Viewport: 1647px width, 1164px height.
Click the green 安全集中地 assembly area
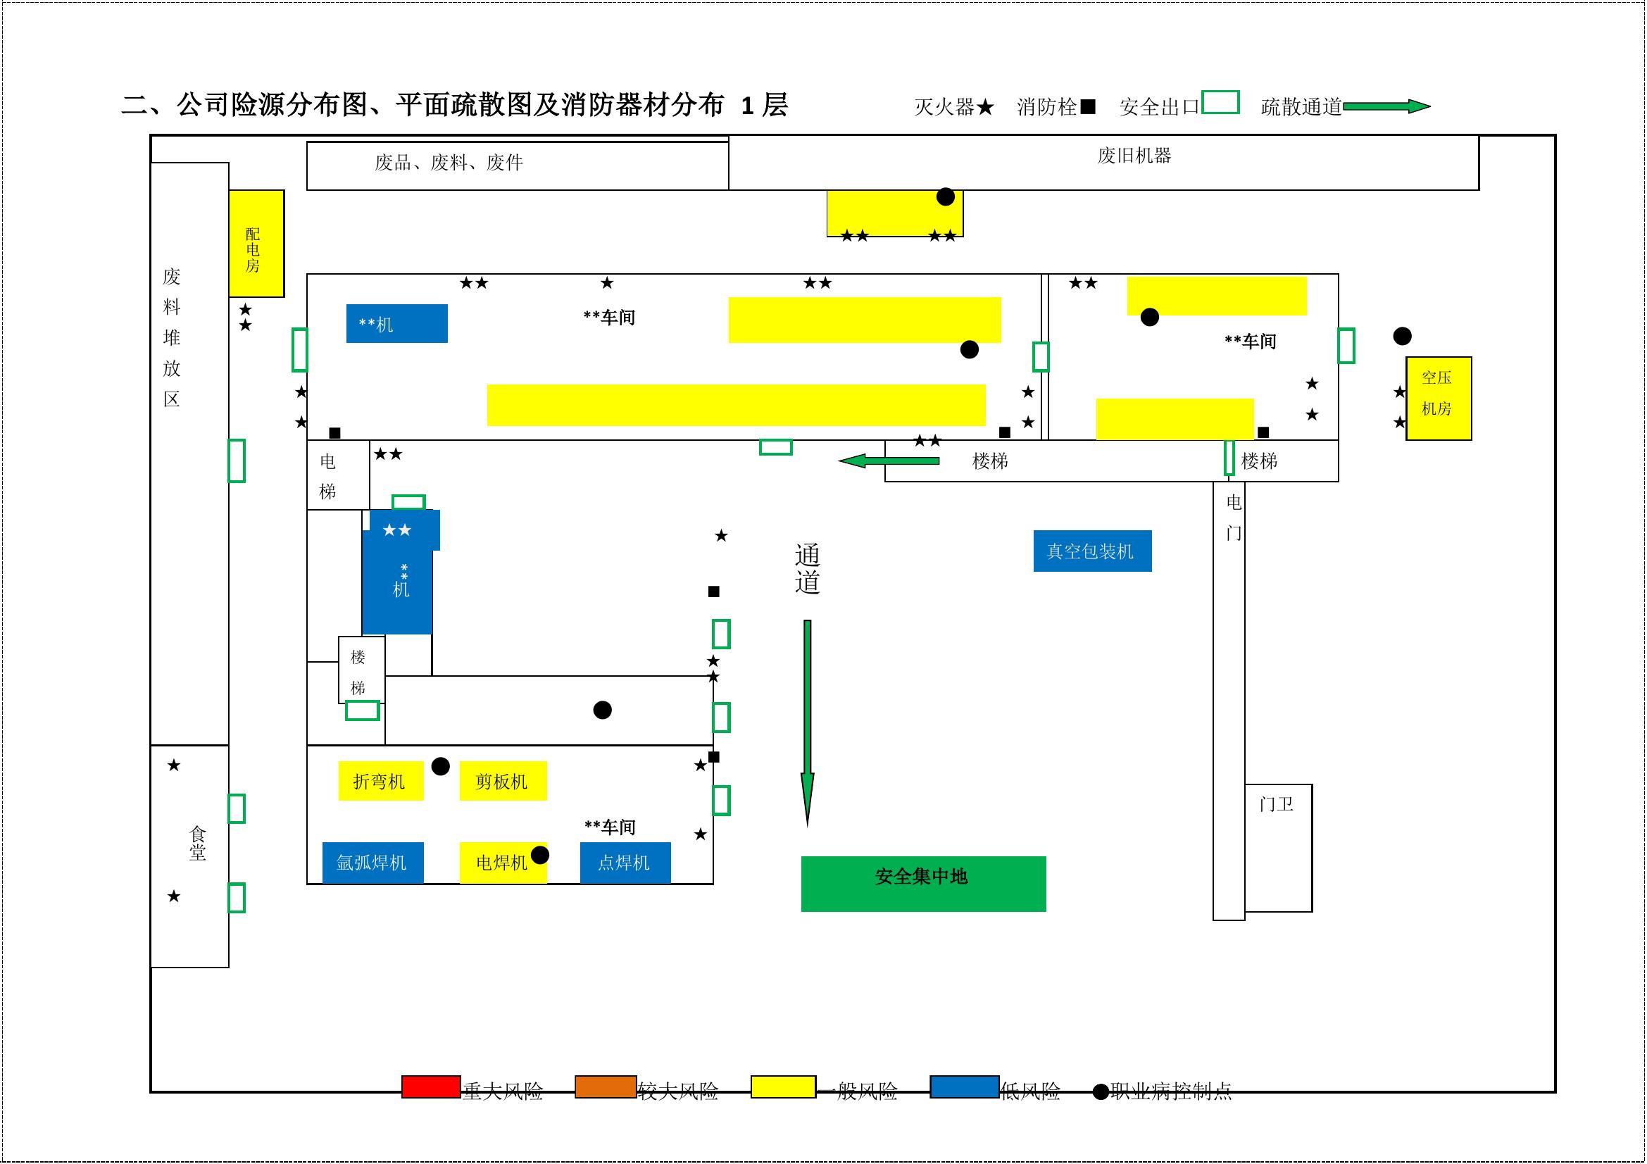click(x=923, y=884)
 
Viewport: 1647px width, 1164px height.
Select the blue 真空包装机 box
click(x=1092, y=551)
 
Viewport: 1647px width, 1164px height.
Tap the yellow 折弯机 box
click(x=380, y=780)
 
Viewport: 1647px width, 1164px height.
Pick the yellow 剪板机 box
click(x=503, y=780)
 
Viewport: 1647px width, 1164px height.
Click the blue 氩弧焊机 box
click(x=372, y=862)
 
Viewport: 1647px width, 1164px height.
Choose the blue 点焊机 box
click(x=625, y=862)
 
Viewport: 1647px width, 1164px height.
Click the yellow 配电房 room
click(x=256, y=244)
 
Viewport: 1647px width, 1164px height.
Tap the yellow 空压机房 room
click(x=1439, y=398)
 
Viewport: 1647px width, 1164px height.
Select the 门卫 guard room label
click(x=1276, y=805)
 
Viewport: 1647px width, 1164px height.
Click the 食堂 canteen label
click(x=197, y=844)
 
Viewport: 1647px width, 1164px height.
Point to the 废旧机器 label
click(x=1134, y=156)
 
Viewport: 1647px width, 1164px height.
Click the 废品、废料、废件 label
click(x=449, y=163)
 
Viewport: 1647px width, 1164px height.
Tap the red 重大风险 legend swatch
click(x=430, y=1087)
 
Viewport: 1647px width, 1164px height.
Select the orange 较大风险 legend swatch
click(x=606, y=1087)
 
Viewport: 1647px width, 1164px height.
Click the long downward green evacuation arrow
click(x=807, y=717)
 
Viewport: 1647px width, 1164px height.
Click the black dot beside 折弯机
click(x=440, y=767)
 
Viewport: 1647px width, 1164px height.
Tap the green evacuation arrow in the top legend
click(x=1386, y=107)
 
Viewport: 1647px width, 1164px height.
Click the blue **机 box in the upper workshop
click(x=396, y=323)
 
